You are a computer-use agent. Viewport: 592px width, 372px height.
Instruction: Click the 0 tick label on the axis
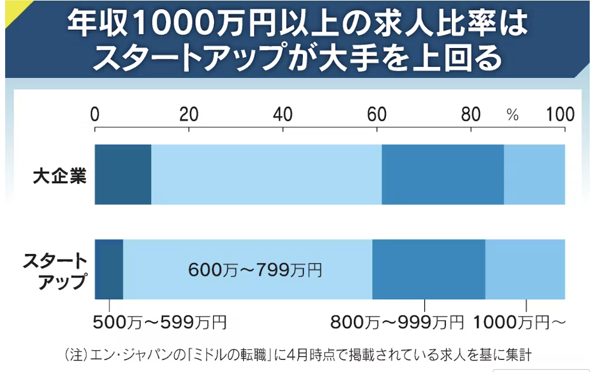coord(95,114)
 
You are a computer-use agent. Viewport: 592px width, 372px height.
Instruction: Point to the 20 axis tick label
coord(189,114)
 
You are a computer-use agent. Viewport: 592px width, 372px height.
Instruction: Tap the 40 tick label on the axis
coord(283,114)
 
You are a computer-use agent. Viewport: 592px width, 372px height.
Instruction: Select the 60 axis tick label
coord(377,114)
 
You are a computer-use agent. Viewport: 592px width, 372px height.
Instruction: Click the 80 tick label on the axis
coord(471,114)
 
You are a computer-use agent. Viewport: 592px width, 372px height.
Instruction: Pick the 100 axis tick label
coord(560,114)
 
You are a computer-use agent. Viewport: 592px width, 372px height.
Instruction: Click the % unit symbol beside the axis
coord(512,116)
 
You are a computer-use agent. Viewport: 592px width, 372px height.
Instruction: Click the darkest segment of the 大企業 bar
coord(123,175)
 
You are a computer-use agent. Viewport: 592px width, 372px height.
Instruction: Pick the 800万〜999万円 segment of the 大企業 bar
coord(443,175)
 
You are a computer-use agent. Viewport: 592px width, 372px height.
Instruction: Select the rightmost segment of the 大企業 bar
coord(534,175)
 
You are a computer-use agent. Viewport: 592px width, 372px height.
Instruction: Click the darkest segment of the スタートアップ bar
coord(109,269)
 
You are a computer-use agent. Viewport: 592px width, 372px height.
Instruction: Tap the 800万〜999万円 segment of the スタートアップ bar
coord(429,269)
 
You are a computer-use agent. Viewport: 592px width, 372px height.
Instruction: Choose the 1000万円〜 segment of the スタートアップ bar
coord(525,269)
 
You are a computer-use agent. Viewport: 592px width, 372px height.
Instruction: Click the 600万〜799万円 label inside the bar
coord(255,269)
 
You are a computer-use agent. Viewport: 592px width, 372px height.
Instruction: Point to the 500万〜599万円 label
coord(160,323)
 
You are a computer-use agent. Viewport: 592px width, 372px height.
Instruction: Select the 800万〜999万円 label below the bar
coord(397,323)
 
